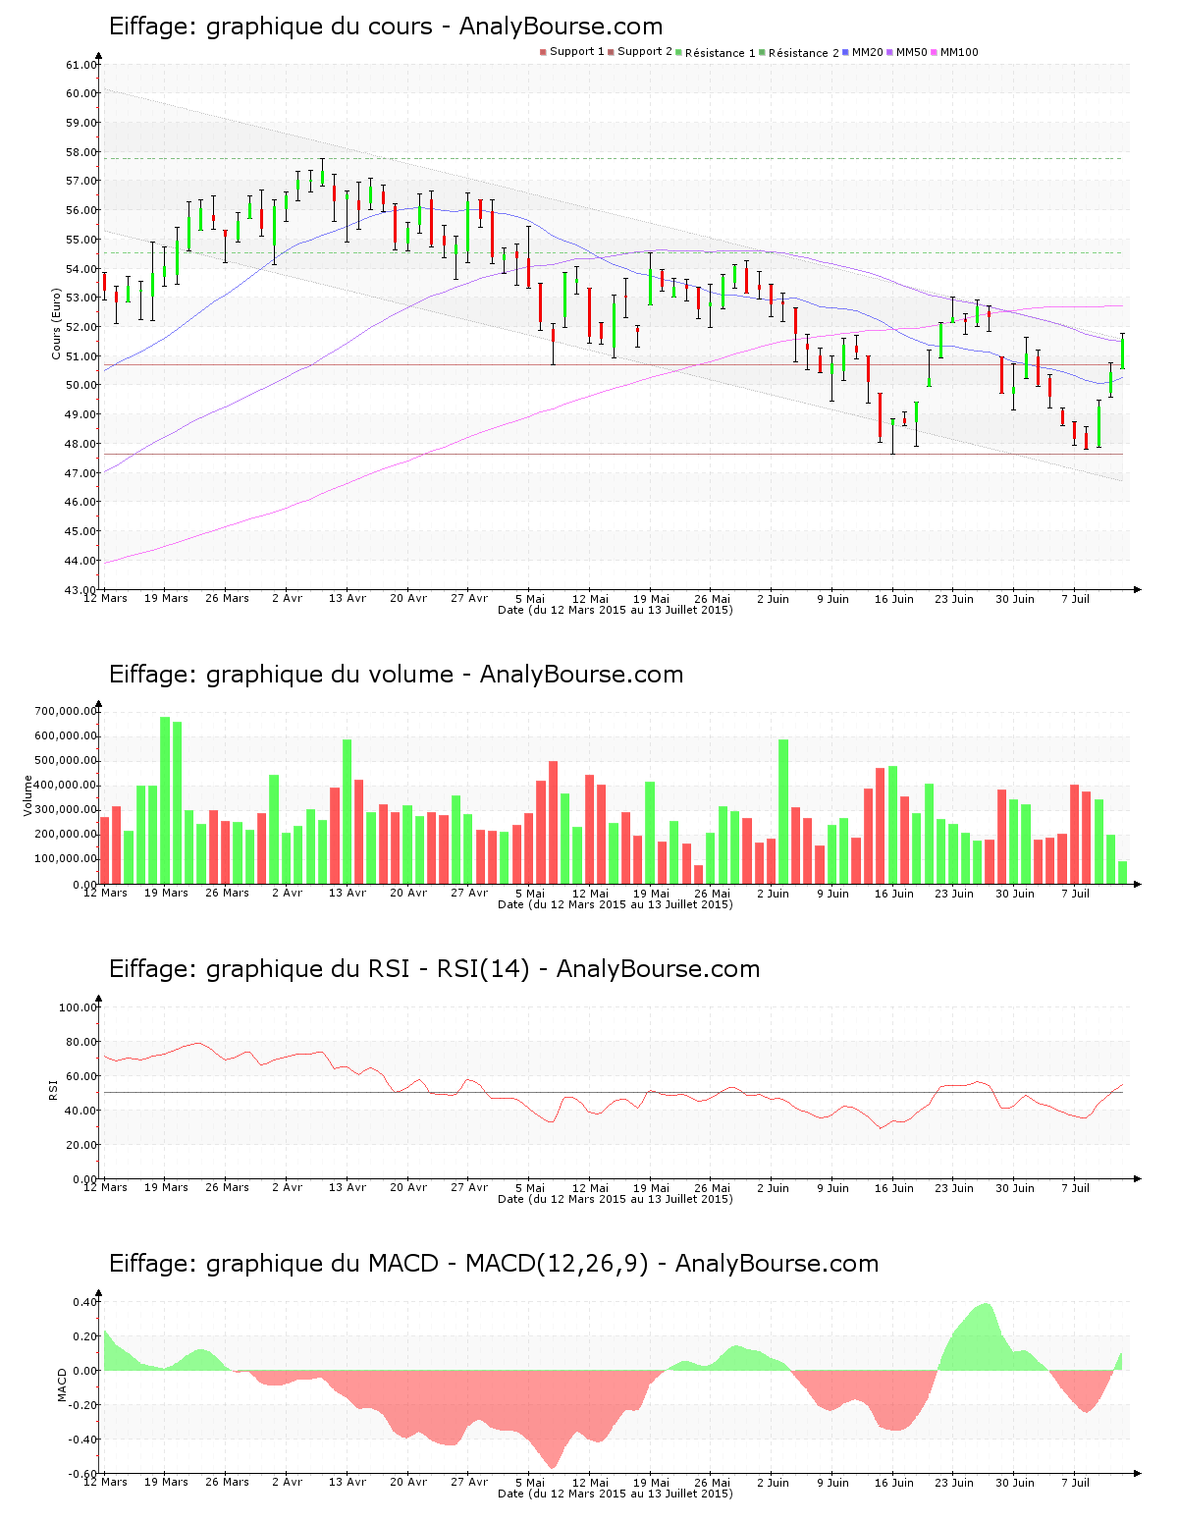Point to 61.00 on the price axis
point(81,65)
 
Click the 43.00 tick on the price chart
point(81,589)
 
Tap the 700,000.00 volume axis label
point(66,711)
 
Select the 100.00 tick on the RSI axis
point(79,1007)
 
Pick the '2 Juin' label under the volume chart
point(773,893)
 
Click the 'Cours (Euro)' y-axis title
point(57,324)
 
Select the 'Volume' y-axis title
point(27,795)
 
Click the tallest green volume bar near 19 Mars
point(165,800)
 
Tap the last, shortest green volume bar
point(1122,872)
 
